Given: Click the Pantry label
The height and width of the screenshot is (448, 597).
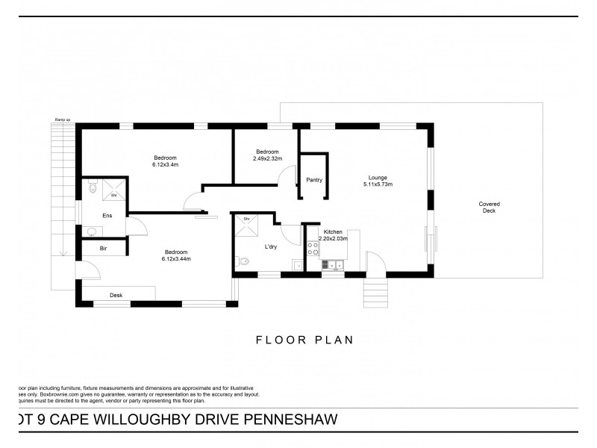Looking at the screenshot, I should (x=314, y=180).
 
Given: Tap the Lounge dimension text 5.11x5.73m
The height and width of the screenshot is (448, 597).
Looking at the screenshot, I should (x=378, y=184).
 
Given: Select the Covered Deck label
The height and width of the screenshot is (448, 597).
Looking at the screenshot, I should (x=490, y=208).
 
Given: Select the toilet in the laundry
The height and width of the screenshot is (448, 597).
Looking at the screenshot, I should (x=244, y=261).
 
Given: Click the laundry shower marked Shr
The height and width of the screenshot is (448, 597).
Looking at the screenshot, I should (x=246, y=225).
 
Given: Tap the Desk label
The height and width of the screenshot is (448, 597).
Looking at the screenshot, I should (x=116, y=296).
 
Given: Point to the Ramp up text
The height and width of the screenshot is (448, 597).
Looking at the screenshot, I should (x=62, y=119).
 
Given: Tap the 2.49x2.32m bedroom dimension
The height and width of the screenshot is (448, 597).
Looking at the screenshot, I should (x=267, y=158).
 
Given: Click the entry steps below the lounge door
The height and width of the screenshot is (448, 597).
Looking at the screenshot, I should (x=375, y=287).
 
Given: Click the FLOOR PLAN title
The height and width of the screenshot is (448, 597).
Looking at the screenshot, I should (x=304, y=340).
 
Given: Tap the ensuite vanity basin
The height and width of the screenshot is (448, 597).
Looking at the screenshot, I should (x=90, y=232).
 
